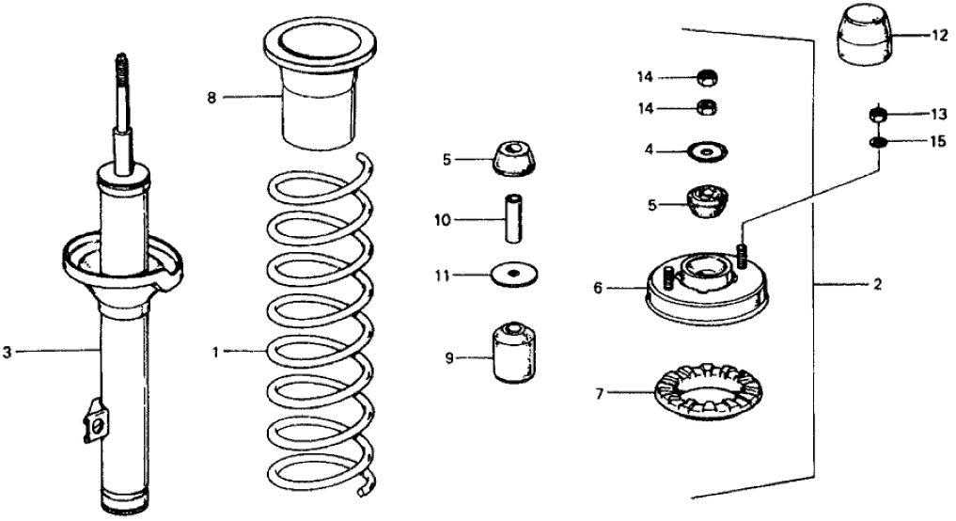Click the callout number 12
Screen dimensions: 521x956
pos(940,37)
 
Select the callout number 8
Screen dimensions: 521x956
pos(212,97)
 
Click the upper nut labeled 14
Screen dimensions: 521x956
pos(707,76)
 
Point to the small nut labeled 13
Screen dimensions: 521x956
pos(877,116)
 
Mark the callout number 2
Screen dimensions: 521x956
pos(876,284)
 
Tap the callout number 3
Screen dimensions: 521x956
pos(8,352)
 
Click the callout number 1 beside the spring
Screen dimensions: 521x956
pos(215,352)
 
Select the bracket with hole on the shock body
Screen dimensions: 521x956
pos(93,422)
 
